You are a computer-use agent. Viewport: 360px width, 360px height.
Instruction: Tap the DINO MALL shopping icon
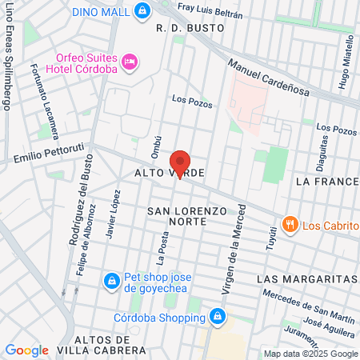142,10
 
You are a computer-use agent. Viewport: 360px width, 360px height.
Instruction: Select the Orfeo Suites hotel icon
129,61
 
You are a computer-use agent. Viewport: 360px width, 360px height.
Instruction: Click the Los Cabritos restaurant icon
290,224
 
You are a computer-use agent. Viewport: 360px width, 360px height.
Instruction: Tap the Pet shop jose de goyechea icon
111,282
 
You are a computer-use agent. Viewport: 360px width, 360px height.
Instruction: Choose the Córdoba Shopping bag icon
214,317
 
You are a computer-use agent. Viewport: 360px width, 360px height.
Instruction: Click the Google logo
26,350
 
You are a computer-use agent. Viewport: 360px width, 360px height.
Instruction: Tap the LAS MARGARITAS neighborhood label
307,278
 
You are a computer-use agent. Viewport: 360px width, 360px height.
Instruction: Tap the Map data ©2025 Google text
311,354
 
